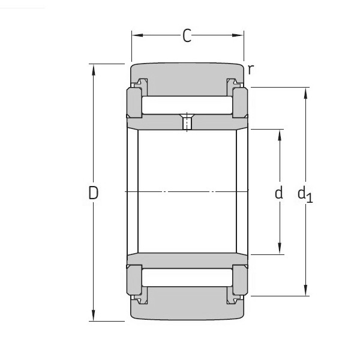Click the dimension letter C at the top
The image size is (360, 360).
(187, 37)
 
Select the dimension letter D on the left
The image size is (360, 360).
(93, 193)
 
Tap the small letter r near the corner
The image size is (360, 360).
(250, 69)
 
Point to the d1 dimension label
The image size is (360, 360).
(305, 194)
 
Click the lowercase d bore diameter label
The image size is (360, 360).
(278, 193)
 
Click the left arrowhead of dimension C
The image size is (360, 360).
(136, 36)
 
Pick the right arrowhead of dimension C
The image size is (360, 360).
(240, 36)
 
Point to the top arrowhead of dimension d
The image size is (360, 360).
(280, 134)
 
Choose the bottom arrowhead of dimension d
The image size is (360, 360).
(280, 250)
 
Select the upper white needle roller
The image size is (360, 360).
(187, 106)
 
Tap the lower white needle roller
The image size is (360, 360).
(187, 278)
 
